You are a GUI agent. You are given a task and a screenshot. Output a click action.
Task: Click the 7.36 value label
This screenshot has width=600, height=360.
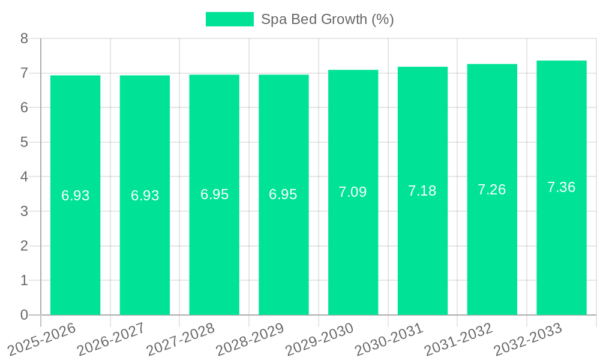pyautogui.click(x=562, y=187)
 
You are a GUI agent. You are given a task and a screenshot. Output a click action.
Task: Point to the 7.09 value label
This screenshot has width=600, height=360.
pyautogui.click(x=353, y=192)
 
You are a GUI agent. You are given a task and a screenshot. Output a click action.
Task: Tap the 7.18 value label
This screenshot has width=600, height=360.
pyautogui.click(x=422, y=191)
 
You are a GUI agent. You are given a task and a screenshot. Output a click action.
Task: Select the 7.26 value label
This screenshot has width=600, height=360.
pyautogui.click(x=492, y=190)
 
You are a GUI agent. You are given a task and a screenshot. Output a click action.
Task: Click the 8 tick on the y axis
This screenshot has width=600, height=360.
pyautogui.click(x=25, y=39)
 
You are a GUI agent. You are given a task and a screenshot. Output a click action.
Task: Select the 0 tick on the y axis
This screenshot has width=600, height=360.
pyautogui.click(x=25, y=315)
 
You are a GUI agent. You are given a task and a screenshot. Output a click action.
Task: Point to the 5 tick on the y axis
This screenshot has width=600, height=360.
pyautogui.click(x=25, y=142)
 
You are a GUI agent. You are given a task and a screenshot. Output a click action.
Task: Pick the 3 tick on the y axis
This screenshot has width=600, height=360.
pyautogui.click(x=25, y=211)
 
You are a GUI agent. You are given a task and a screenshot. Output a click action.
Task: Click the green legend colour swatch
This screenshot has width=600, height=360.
pyautogui.click(x=230, y=19)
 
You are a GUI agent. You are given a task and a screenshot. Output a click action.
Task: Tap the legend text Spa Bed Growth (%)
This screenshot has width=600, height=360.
pyautogui.click(x=328, y=19)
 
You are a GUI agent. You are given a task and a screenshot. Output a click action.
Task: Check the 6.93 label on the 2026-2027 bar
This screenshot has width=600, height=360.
pyautogui.click(x=145, y=196)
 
